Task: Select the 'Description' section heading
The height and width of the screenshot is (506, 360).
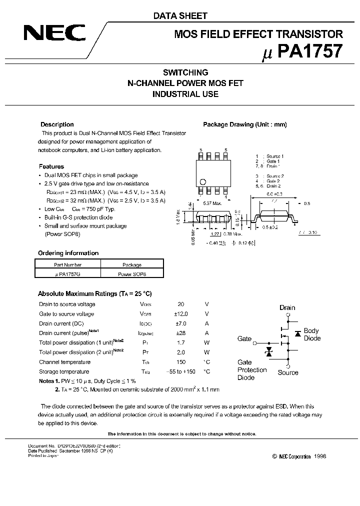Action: (x=57, y=124)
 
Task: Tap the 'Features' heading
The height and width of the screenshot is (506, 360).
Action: (x=51, y=166)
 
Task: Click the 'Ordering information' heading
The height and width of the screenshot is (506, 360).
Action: (x=68, y=253)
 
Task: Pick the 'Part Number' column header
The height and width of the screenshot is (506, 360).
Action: (x=67, y=264)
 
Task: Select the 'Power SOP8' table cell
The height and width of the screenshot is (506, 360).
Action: (x=132, y=274)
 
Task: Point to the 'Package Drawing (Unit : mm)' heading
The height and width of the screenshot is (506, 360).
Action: (x=244, y=124)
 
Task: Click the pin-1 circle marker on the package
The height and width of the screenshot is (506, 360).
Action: (x=203, y=182)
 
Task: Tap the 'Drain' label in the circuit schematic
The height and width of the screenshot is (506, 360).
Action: (x=287, y=308)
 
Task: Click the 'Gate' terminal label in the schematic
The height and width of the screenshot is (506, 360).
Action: (x=244, y=339)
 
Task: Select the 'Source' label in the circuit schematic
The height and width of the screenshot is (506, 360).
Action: (x=288, y=372)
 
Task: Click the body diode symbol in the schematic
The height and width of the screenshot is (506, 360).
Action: (x=297, y=333)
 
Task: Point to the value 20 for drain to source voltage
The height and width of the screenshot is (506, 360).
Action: (x=181, y=304)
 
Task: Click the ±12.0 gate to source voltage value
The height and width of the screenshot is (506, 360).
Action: (x=181, y=314)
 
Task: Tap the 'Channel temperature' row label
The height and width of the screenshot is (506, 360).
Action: (x=64, y=362)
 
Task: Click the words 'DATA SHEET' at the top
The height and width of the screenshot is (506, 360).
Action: (x=180, y=16)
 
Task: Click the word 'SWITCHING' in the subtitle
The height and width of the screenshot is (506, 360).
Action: (x=186, y=72)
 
